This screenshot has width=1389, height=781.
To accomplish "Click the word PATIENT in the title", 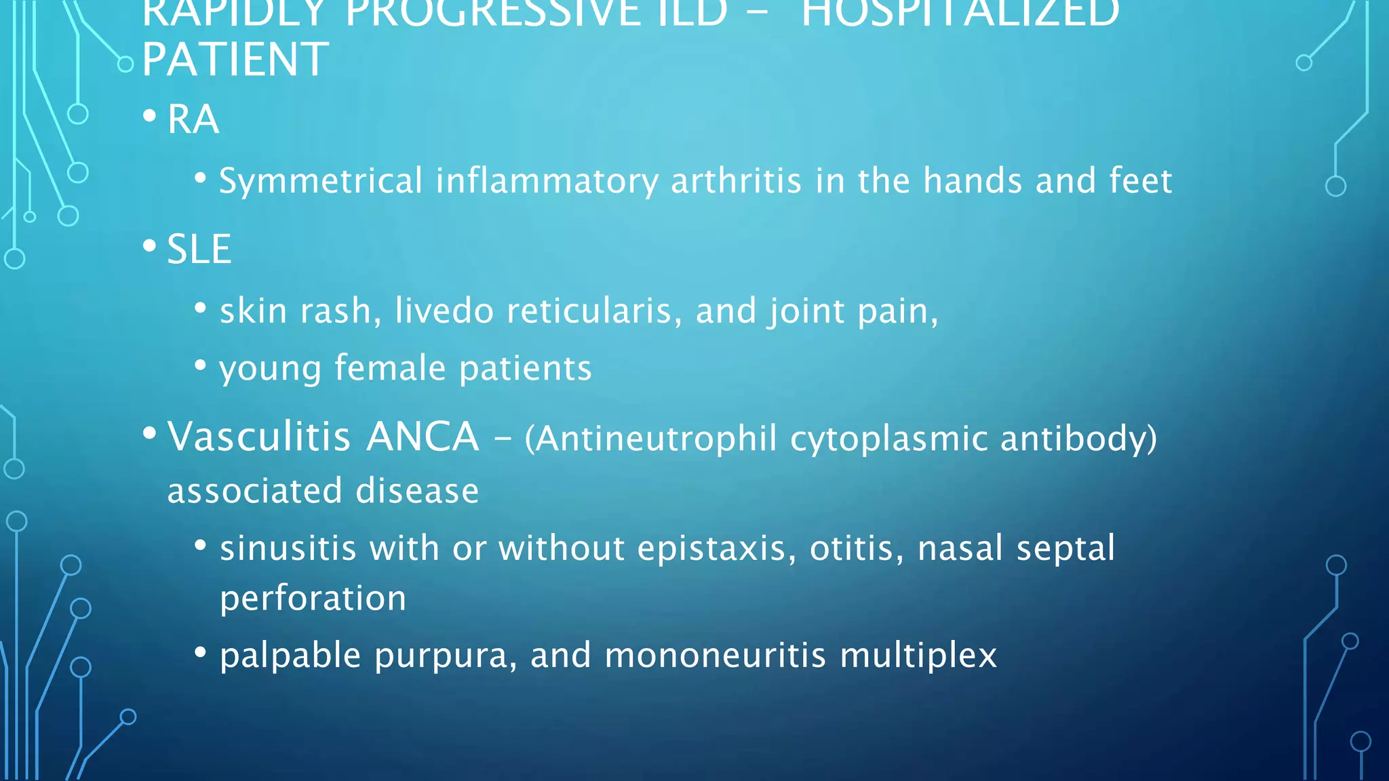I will pyautogui.click(x=235, y=60).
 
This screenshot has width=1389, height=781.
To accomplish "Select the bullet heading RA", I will pyautogui.click(x=193, y=120).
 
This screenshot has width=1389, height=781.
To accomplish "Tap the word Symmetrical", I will pyautogui.click(x=321, y=182).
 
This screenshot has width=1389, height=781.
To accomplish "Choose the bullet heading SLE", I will pyautogui.click(x=199, y=249).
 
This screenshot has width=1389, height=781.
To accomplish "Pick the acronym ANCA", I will pyautogui.click(x=423, y=437).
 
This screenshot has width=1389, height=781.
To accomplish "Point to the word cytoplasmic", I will pyautogui.click(x=888, y=439).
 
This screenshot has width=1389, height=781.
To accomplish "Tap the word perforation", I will pyautogui.click(x=313, y=599).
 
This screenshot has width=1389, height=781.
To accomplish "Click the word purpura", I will pyautogui.click(x=446, y=656).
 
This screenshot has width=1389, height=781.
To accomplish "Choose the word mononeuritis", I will pyautogui.click(x=715, y=656).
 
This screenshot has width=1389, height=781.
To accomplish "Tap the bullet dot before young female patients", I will pyautogui.click(x=200, y=365).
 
